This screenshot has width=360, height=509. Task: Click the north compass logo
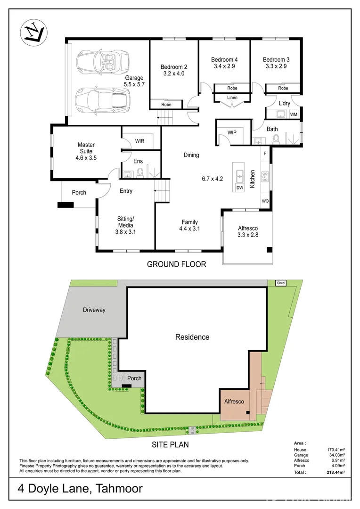point(33,33)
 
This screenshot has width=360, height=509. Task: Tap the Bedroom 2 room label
point(174,66)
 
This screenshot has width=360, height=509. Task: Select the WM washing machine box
point(294,114)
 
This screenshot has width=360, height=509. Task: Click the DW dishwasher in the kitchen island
point(239,187)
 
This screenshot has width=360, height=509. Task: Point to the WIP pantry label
point(232,133)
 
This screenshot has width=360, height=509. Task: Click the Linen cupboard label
point(232,98)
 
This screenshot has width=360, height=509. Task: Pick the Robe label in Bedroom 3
point(283,88)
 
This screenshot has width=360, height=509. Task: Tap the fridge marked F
point(265,153)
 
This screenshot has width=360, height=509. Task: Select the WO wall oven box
point(265,201)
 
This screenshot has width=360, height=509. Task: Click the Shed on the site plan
point(281,283)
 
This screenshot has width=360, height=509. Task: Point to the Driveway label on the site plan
point(94,310)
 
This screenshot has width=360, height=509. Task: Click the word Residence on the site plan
point(192,337)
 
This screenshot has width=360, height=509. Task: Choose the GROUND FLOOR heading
point(176,264)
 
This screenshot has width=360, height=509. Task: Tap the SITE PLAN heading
point(171,444)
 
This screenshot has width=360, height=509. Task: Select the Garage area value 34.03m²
point(335,455)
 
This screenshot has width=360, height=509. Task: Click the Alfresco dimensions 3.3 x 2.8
point(247,235)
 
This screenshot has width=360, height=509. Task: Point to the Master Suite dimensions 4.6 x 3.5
point(86,158)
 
